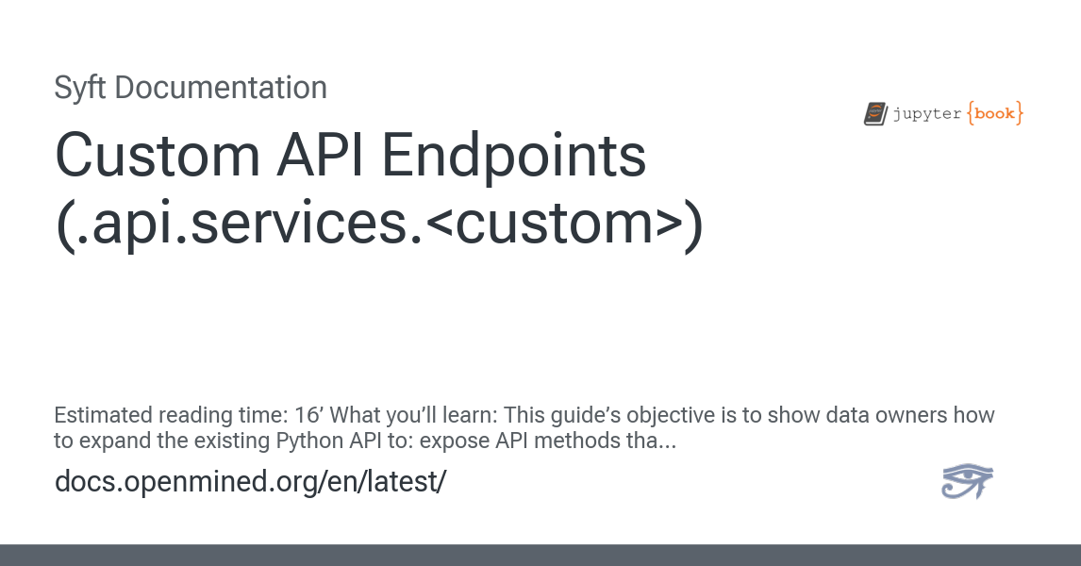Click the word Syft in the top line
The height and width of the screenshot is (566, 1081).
[x=81, y=88]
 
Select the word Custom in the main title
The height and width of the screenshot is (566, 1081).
[x=152, y=157]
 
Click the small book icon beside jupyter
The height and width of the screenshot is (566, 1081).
[x=875, y=114]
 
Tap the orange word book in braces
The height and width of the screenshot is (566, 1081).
[x=994, y=114]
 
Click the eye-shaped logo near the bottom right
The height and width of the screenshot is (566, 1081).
[x=968, y=481]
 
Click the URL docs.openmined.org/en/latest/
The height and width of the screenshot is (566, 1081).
[x=250, y=481]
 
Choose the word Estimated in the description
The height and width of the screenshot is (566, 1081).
[x=102, y=416]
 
